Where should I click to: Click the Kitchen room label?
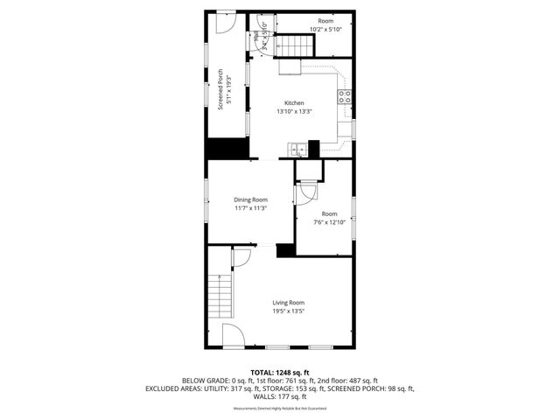(x=294, y=103)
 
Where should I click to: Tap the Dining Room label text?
(x=250, y=200)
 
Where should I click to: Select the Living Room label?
(x=288, y=303)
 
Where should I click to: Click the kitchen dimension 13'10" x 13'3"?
(x=294, y=111)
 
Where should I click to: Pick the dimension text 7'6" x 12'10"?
(x=329, y=222)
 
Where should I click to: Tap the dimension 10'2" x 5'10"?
(x=325, y=29)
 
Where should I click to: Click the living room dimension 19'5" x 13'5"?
(x=288, y=311)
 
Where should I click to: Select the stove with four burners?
(x=345, y=96)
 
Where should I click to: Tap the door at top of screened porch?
(x=227, y=22)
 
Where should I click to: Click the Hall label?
(x=260, y=37)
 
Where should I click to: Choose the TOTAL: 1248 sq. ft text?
(x=279, y=373)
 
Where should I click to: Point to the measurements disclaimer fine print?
(x=279, y=409)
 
